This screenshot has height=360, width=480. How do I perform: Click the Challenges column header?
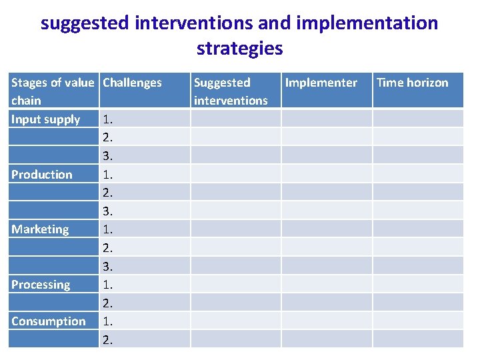click(132, 83)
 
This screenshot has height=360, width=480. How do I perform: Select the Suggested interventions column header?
click(230, 91)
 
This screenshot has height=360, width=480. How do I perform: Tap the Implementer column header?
click(321, 83)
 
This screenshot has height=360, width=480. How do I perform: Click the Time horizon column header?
click(412, 83)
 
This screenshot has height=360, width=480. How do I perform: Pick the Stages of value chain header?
click(52, 91)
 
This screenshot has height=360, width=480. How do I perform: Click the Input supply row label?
click(45, 119)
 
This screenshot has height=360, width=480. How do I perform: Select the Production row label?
click(41, 174)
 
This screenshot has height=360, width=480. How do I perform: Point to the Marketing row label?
click(40, 229)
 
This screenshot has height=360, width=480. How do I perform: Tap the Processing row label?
click(41, 284)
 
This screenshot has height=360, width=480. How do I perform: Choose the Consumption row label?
click(48, 321)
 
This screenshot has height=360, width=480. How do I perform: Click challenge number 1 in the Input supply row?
click(107, 119)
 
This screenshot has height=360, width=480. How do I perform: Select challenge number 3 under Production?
click(107, 211)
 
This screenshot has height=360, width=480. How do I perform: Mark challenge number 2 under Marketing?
click(107, 247)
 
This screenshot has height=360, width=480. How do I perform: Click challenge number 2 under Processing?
click(107, 303)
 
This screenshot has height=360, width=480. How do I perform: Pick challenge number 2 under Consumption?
click(107, 339)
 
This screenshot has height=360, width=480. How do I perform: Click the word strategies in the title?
click(239, 49)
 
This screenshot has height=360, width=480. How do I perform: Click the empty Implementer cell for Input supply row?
click(326, 119)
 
